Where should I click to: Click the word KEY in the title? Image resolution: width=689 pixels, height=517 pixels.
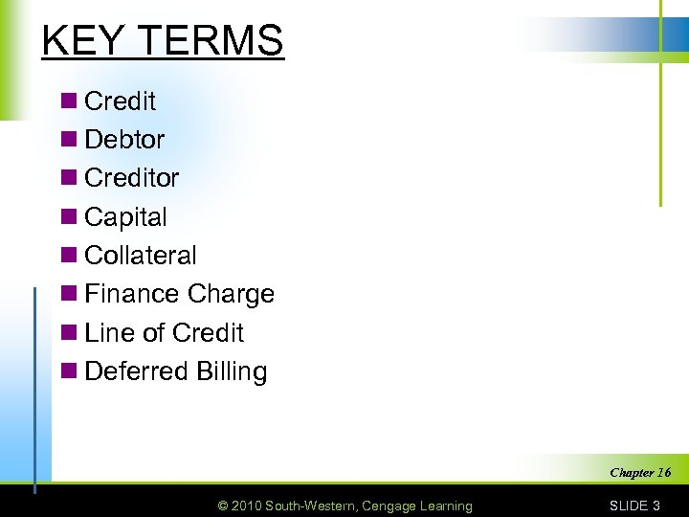tap(82, 41)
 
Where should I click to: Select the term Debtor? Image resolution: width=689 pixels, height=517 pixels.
tap(124, 140)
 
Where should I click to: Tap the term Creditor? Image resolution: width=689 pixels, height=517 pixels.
tap(132, 178)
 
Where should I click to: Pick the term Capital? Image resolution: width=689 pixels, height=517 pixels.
tap(125, 217)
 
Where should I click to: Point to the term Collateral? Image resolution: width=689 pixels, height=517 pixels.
tap(141, 256)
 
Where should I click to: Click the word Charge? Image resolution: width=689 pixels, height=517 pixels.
tap(231, 295)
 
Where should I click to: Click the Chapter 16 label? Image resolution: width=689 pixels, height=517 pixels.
tap(640, 472)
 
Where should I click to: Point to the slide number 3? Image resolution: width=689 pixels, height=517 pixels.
tap(656, 506)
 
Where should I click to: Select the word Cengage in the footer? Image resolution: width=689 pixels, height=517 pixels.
tap(385, 506)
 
